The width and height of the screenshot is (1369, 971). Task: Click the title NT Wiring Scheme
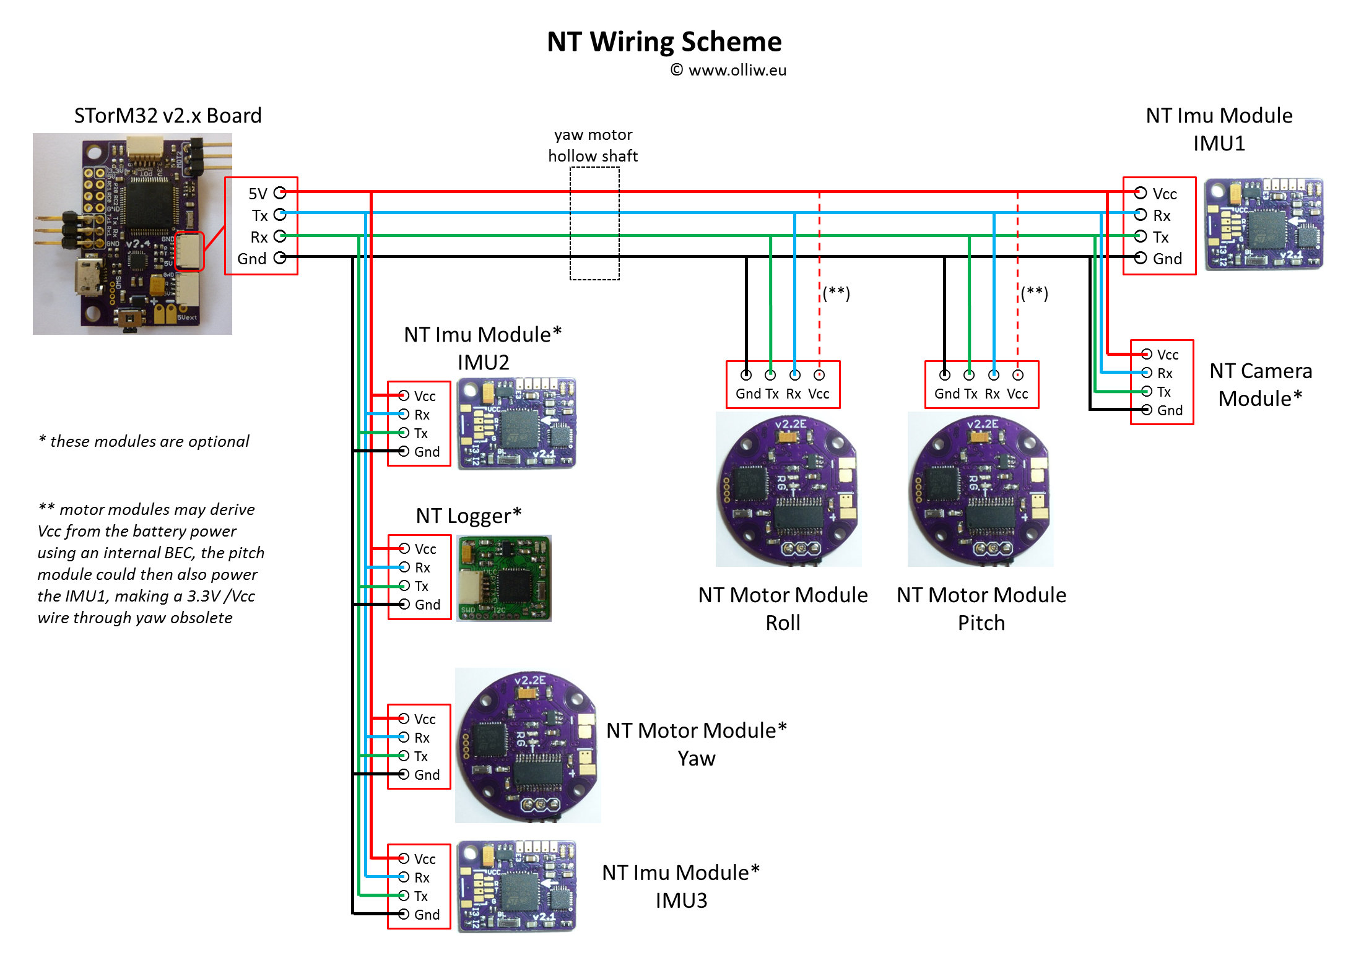tap(664, 42)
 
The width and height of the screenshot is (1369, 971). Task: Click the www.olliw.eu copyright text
tap(728, 71)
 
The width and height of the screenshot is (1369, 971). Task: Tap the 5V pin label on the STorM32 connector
tap(258, 194)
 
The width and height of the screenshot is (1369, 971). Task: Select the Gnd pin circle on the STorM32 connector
tap(280, 257)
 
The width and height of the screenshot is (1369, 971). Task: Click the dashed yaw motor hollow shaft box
tap(594, 223)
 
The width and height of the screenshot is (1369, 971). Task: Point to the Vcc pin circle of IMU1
tap(1141, 193)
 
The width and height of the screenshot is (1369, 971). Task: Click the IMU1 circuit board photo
tap(1263, 224)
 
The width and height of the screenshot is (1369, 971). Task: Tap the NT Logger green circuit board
tap(504, 579)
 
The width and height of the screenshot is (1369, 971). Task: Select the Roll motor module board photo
tap(788, 489)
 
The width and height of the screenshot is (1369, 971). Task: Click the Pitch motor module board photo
tap(980, 489)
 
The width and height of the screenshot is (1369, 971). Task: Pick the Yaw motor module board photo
tap(528, 745)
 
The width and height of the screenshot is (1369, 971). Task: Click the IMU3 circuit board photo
tap(516, 886)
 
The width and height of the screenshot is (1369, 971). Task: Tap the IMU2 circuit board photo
tap(516, 424)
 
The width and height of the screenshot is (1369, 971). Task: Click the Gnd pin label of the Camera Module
tap(1170, 410)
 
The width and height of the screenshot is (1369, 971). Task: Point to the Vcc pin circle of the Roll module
tap(819, 375)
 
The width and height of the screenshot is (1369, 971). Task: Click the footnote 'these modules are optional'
tap(144, 441)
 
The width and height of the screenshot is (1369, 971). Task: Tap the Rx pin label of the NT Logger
tap(422, 567)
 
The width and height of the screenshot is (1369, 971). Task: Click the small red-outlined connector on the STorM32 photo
tap(189, 251)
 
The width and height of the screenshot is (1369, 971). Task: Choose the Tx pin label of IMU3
tap(421, 896)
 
